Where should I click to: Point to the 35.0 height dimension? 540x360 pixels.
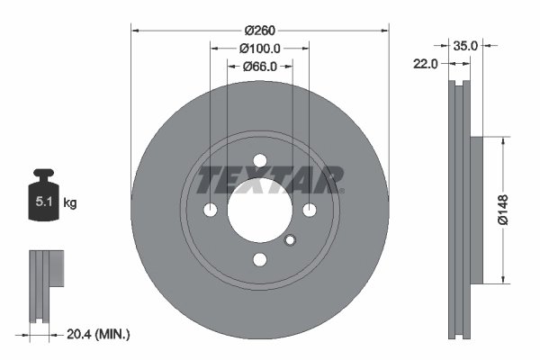tap(465, 43)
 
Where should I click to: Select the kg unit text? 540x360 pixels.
tap(70, 203)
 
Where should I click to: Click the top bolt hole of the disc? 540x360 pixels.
tap(260, 161)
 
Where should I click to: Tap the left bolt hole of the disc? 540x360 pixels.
tap(211, 211)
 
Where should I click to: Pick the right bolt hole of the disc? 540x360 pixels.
tap(310, 211)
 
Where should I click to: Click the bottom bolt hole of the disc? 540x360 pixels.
tap(260, 260)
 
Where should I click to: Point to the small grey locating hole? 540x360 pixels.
tap(290, 239)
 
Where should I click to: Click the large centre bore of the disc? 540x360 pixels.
tap(260, 211)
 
